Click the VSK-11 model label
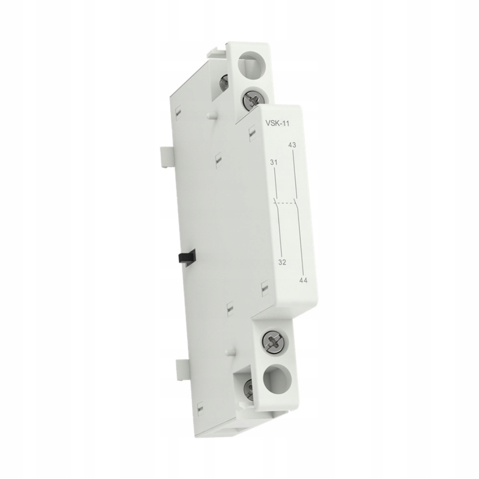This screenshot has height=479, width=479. [x=276, y=124]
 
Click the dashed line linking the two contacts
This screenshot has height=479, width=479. [x=286, y=203]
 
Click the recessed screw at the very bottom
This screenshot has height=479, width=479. [x=250, y=386]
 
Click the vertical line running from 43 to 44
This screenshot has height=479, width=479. [x=299, y=216]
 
